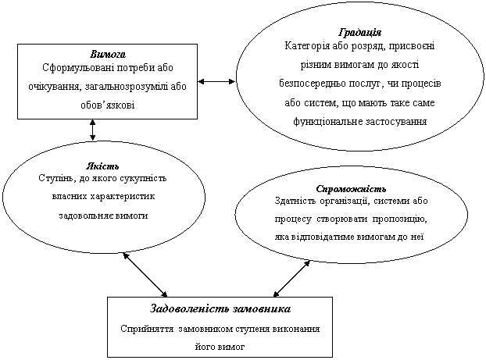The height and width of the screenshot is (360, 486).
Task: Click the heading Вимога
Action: point(108,55)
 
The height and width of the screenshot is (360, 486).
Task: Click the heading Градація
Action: point(360,34)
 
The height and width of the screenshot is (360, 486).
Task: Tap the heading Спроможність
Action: point(352,190)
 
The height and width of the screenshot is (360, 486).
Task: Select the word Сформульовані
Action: point(77,68)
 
